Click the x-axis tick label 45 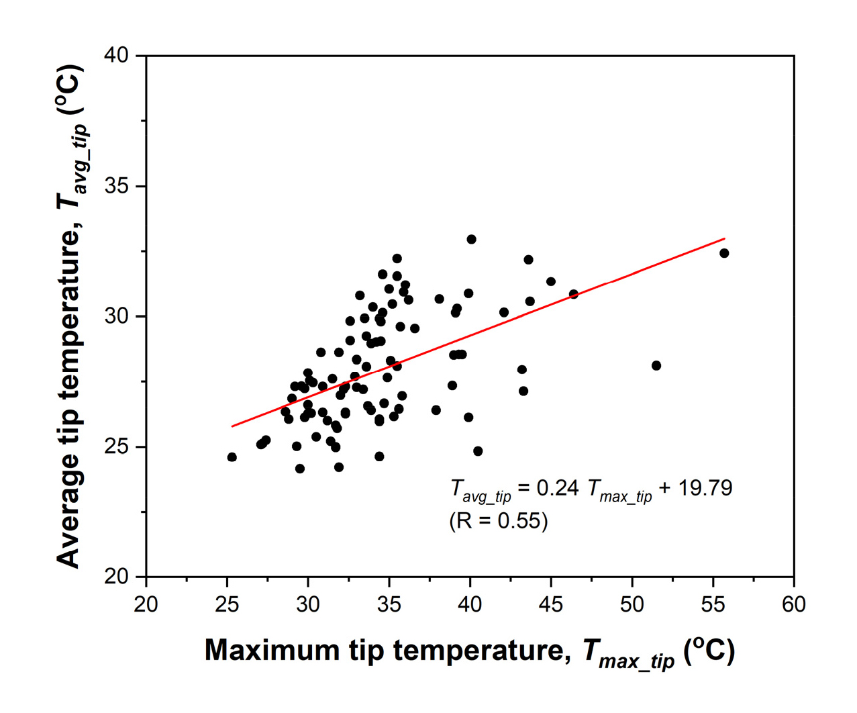pos(551,604)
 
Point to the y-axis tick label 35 pos(117,186)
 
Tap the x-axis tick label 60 pos(794,604)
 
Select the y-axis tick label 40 pos(117,56)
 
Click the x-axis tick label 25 pos(227,604)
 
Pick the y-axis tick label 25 pos(117,446)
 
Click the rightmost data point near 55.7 pos(724,253)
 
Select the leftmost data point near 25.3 pos(232,457)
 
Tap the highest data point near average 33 pos(471,240)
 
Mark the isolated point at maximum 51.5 pos(656,366)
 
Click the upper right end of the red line pos(724,238)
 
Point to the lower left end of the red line pos(232,426)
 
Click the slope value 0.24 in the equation pos(558,488)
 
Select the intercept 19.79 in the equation pos(705,488)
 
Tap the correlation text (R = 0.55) pos(499,520)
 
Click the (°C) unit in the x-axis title pos(709,650)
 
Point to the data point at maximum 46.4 pos(574,294)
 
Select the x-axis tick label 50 pos(632,604)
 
